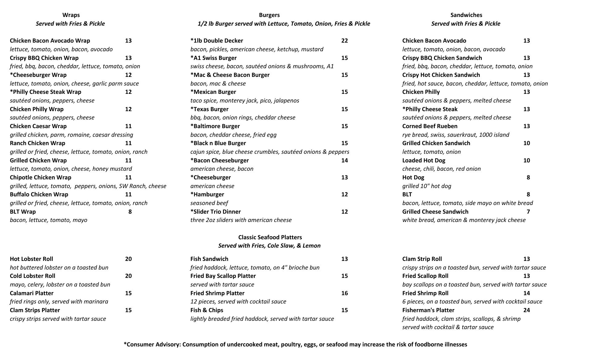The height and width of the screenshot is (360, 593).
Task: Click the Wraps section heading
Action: point(71,15)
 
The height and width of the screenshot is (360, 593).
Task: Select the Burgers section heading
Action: point(269,15)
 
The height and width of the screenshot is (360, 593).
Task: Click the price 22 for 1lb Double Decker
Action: point(344,41)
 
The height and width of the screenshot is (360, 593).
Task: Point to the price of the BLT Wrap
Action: point(130,212)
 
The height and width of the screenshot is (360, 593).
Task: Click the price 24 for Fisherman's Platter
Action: point(527,310)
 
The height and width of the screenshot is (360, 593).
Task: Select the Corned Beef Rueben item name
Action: point(430,126)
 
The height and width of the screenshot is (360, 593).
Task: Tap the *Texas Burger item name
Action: point(209,109)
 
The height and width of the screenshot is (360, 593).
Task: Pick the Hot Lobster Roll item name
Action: point(32,259)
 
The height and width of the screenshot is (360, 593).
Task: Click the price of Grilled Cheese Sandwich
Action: point(528,212)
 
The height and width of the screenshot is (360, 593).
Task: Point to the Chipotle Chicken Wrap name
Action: point(40,178)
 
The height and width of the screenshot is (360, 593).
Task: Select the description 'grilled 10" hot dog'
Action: point(427,186)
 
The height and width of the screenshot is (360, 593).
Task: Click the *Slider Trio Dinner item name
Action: point(216,212)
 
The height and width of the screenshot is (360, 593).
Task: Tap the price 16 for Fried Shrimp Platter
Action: point(344,293)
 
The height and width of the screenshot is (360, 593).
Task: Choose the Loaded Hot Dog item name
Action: point(424,161)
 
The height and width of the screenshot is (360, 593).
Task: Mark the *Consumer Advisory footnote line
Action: point(295,345)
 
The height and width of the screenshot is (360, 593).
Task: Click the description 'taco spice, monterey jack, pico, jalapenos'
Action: point(245,101)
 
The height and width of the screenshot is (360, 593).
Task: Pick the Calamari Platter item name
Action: point(32,293)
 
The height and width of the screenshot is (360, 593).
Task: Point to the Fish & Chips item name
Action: point(207,310)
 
